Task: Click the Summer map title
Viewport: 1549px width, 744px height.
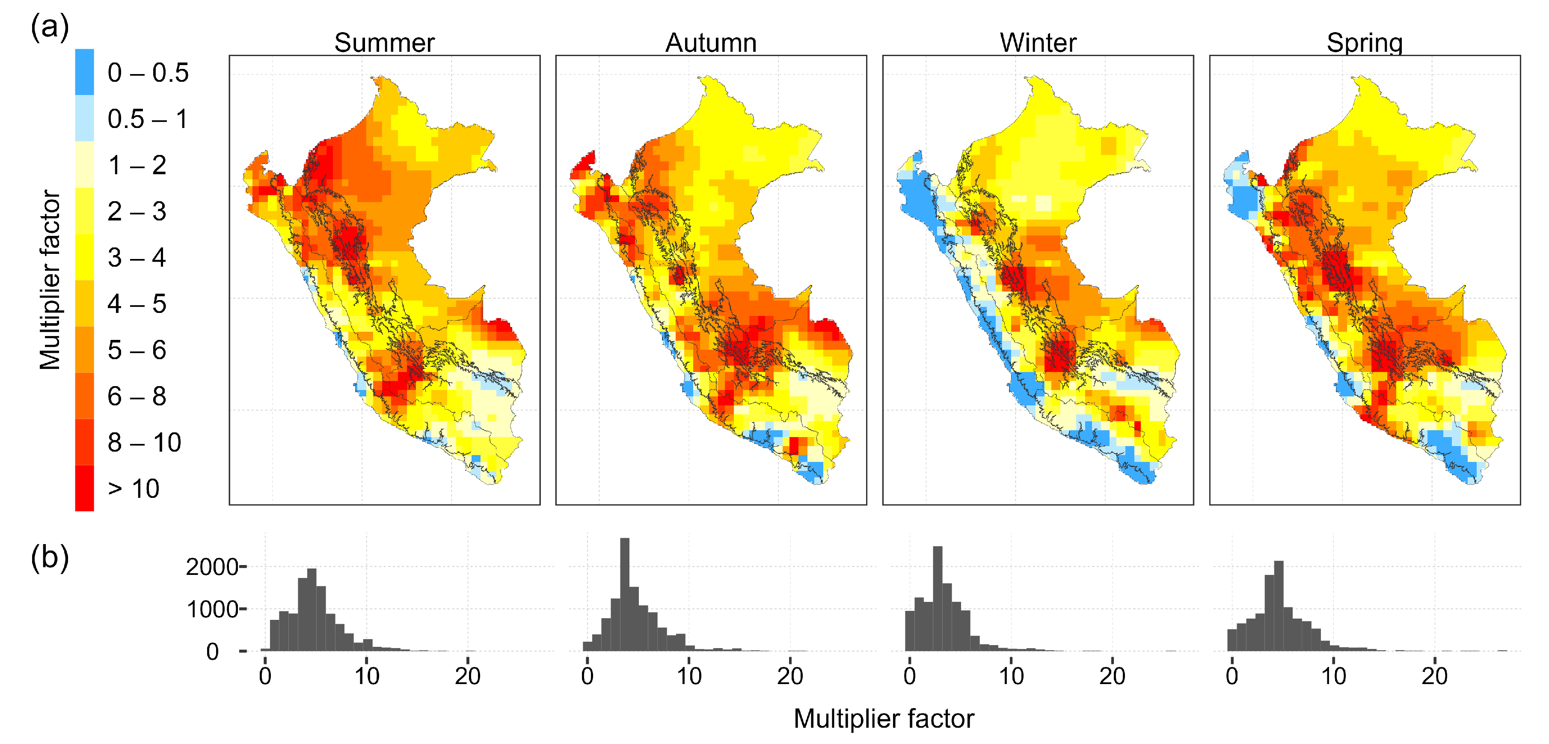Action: coord(384,43)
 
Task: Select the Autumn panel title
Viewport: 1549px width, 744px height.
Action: coord(711,43)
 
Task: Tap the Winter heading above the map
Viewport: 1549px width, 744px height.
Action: coord(1038,43)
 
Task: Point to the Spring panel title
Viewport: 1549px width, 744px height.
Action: coord(1365,43)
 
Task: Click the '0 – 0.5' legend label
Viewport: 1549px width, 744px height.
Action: coord(148,73)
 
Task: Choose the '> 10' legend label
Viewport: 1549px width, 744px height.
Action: coord(134,489)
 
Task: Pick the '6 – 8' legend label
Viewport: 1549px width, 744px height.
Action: coord(137,396)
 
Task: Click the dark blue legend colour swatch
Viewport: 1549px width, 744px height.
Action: coord(84,72)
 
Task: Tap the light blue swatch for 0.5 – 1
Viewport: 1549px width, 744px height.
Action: coord(84,119)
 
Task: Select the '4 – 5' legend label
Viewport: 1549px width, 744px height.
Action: coord(137,304)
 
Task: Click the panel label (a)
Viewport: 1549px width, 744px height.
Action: coord(49,28)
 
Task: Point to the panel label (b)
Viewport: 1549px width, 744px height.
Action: coord(49,557)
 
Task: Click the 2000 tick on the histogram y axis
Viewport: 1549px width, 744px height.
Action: coord(212,567)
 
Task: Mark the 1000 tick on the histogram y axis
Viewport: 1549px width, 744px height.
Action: coord(212,609)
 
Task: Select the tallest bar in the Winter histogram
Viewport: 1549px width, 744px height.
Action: coord(938,598)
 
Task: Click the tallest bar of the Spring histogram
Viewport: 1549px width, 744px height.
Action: coord(1279,606)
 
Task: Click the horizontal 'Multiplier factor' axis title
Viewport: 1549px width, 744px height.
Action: coord(883,719)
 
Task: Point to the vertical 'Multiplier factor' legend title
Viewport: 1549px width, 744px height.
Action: coord(50,280)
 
